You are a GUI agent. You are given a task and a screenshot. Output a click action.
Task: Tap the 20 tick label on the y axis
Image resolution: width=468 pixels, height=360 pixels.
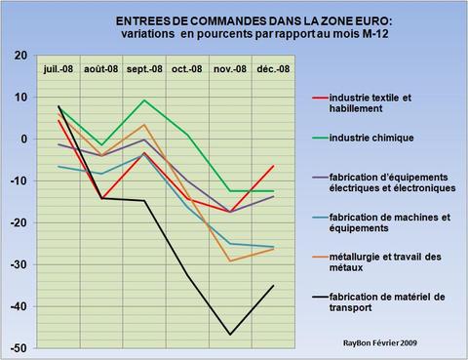20,56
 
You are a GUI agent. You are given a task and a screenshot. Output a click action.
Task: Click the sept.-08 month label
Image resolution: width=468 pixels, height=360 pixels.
143,70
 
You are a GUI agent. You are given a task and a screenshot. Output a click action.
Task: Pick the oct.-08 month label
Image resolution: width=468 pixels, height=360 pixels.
186,70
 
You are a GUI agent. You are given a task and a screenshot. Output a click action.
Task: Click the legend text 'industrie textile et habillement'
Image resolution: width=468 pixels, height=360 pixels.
378,103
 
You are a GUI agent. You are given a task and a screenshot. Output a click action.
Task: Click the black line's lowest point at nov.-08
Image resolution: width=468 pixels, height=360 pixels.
229,335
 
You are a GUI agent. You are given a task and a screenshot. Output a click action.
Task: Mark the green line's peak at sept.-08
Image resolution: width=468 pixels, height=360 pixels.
144,100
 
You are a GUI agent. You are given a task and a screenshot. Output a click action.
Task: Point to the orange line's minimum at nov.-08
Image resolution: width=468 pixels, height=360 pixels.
229,260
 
